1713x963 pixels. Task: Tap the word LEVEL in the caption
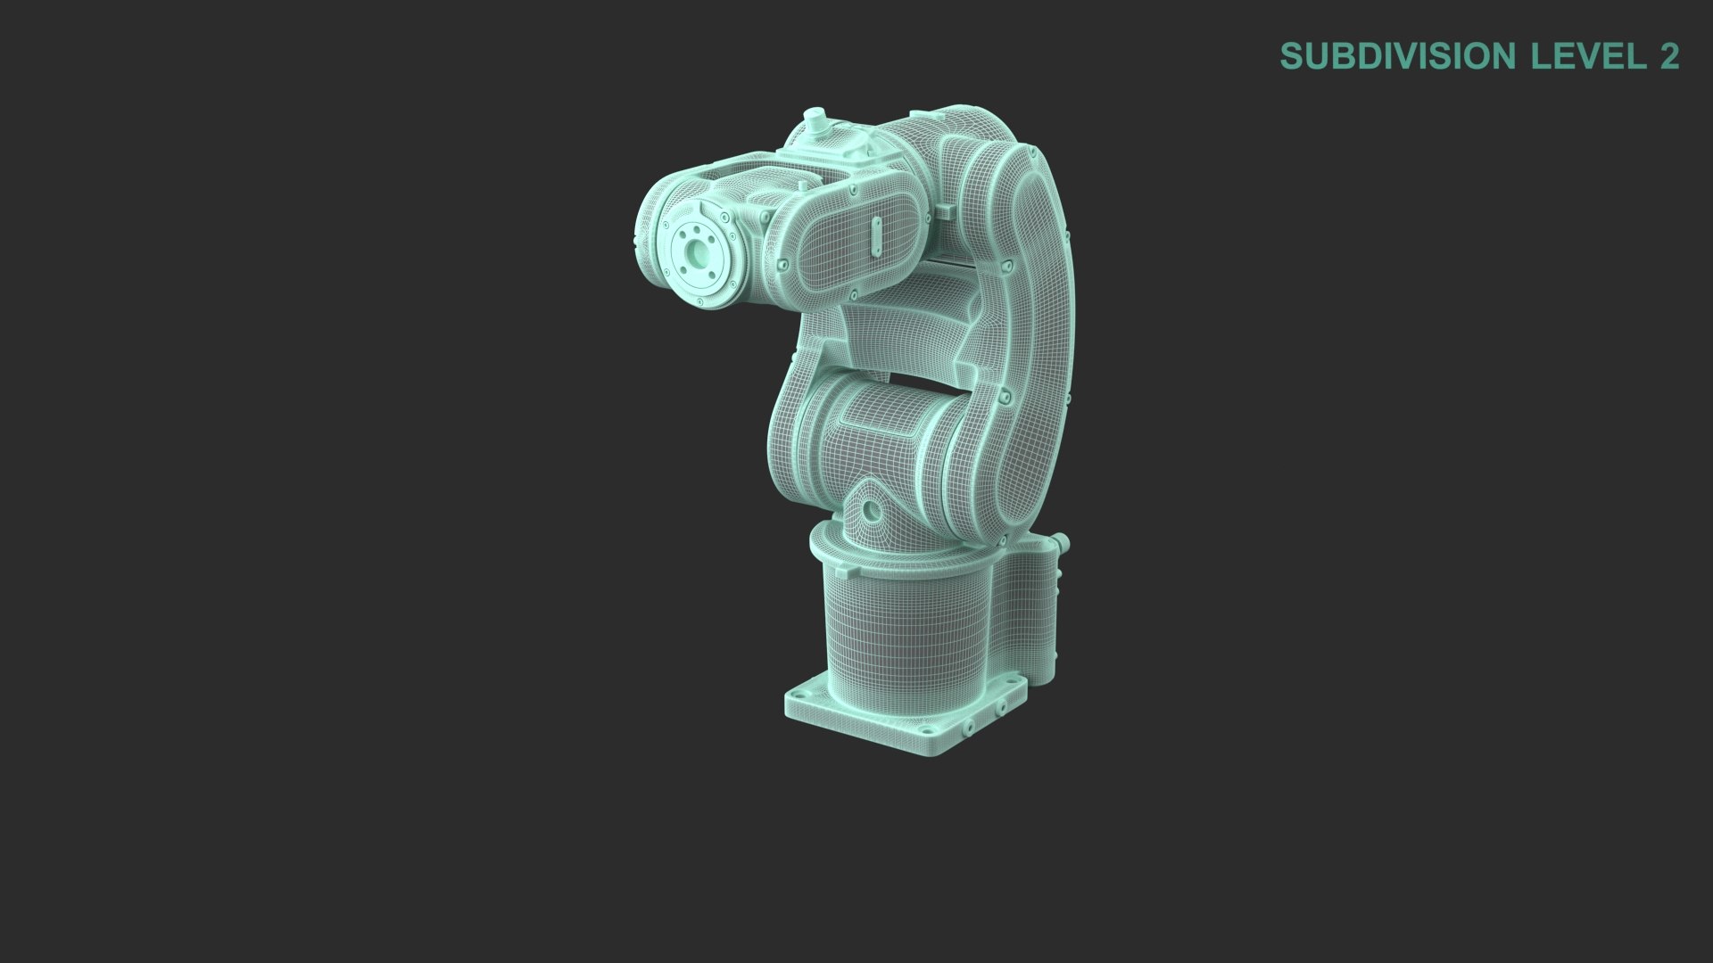tap(1588, 56)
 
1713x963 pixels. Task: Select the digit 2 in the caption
tap(1669, 56)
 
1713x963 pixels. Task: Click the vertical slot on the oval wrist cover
tap(875, 236)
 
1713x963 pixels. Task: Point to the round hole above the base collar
tap(870, 511)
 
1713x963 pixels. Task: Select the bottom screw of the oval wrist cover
tap(854, 292)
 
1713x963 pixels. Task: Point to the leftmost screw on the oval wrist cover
tap(782, 266)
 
